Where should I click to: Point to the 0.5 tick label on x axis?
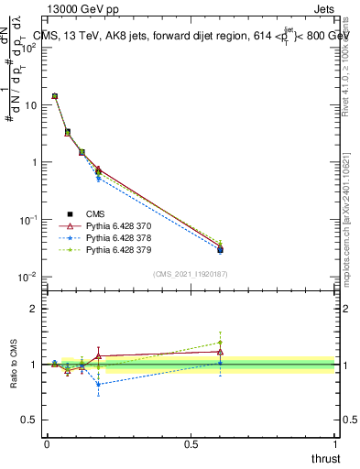[x=191, y=443]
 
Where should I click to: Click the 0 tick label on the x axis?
[x=47, y=443]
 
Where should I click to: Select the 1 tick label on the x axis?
[x=335, y=443]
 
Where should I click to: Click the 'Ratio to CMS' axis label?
[x=16, y=365]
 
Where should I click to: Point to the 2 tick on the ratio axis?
[x=33, y=309]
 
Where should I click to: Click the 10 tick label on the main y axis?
[x=29, y=104]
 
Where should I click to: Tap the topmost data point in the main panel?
[x=55, y=96]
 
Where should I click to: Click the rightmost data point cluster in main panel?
[x=220, y=247]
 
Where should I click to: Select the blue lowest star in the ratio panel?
[x=98, y=384]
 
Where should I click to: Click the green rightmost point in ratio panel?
[x=220, y=343]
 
